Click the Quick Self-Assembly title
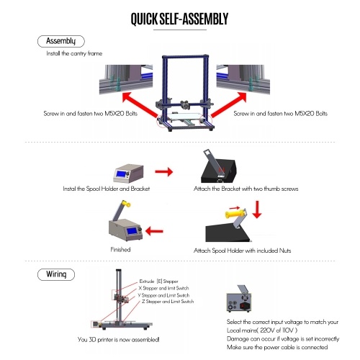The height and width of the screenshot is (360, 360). pyautogui.click(x=179, y=19)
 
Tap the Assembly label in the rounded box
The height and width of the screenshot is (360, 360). pyautogui.click(x=61, y=41)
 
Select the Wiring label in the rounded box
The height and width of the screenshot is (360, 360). pyautogui.click(x=56, y=274)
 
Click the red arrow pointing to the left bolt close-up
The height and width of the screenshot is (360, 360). pyautogui.click(x=140, y=105)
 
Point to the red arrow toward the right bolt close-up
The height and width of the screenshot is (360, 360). pyautogui.click(x=229, y=104)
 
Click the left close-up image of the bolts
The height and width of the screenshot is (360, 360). pyautogui.click(x=126, y=79)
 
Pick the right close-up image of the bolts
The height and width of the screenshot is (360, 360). pyautogui.click(x=243, y=79)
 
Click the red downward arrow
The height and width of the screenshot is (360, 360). pyautogui.click(x=257, y=210)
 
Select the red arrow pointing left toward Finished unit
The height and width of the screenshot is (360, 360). pyautogui.click(x=154, y=231)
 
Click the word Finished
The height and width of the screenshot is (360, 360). pyautogui.click(x=120, y=250)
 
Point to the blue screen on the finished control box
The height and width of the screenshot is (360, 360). pyautogui.click(x=132, y=231)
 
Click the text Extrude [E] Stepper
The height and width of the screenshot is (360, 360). pyautogui.click(x=158, y=282)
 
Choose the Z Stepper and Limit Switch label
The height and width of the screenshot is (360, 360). pyautogui.click(x=168, y=302)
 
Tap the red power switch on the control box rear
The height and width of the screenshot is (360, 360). pyautogui.click(x=243, y=306)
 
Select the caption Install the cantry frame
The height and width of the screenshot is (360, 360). pyautogui.click(x=74, y=53)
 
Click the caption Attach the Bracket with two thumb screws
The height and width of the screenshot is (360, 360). pyautogui.click(x=246, y=189)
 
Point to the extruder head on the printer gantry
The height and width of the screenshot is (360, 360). pyautogui.click(x=185, y=104)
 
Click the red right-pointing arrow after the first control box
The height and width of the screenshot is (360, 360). pyautogui.click(x=164, y=171)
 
